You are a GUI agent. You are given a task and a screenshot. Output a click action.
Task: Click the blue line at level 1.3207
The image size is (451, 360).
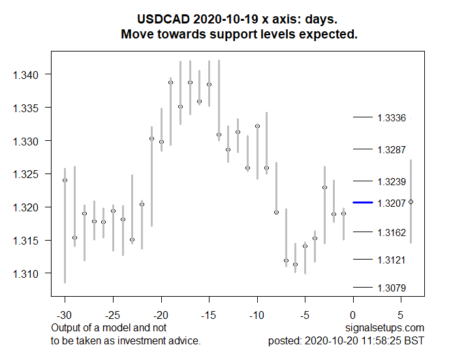362,203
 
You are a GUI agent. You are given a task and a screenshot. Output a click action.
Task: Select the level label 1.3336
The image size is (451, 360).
392,118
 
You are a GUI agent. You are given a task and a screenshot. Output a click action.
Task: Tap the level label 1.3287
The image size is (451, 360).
392,149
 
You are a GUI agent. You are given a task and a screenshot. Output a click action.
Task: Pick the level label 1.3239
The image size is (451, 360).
392,181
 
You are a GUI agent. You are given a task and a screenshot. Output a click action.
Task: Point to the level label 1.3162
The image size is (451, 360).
392,232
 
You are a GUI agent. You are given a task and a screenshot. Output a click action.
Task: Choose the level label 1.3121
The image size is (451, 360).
392,260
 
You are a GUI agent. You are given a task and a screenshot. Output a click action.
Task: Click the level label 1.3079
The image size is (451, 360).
392,288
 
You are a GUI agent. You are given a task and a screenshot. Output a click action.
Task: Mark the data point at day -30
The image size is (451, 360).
65,180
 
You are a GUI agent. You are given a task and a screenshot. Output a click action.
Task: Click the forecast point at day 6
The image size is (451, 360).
411,202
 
